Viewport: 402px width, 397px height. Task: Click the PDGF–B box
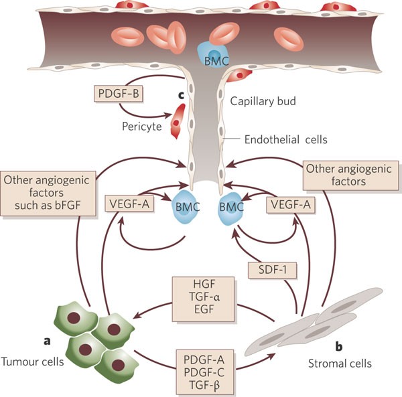[119, 94]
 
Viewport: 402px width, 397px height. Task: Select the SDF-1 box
[272, 270]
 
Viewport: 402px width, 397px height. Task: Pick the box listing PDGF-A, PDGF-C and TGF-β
[204, 372]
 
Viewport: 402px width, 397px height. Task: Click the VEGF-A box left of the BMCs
[129, 204]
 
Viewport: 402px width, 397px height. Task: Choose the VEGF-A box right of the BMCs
[291, 205]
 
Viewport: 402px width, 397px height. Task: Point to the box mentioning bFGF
[48, 193]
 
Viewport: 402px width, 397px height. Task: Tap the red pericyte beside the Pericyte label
[178, 121]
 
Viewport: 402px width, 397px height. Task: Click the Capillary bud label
[263, 101]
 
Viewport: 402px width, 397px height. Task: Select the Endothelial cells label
[286, 140]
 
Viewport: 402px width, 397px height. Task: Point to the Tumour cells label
[33, 362]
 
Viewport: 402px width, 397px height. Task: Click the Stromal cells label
[340, 364]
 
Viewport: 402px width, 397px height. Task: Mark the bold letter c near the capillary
[181, 95]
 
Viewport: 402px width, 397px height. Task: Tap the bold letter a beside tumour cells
[47, 341]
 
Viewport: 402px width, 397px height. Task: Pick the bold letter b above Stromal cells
[339, 346]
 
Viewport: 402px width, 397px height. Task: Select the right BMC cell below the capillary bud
[230, 208]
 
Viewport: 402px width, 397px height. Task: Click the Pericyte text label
[142, 127]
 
